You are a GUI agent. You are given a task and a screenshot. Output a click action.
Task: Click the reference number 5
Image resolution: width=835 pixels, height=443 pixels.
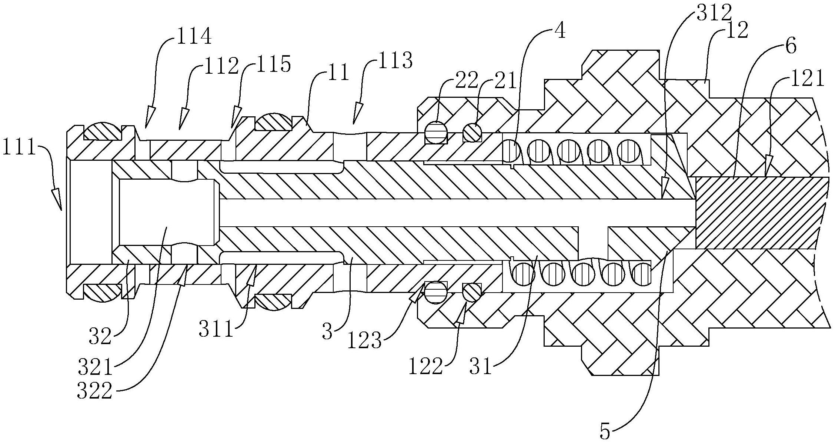click(605, 432)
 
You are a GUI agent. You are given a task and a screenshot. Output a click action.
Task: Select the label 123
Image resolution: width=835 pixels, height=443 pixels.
click(364, 340)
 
